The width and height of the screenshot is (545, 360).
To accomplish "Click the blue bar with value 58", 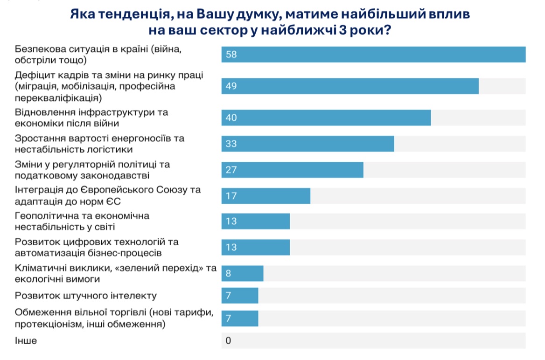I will click(x=373, y=55).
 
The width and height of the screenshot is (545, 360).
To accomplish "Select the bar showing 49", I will click(x=350, y=86).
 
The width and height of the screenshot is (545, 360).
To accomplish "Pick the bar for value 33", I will click(x=307, y=144).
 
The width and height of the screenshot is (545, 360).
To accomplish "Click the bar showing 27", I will click(x=292, y=170).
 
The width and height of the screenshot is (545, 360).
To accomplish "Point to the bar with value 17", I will click(x=266, y=196).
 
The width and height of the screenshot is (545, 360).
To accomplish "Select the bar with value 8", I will click(x=242, y=274).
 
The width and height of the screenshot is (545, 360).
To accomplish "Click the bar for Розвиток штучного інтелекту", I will click(x=239, y=296).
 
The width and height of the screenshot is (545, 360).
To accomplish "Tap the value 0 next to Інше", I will click(x=228, y=340).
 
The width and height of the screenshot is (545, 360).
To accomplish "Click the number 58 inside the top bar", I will click(x=231, y=55).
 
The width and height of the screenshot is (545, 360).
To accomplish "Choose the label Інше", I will click(x=26, y=340).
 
